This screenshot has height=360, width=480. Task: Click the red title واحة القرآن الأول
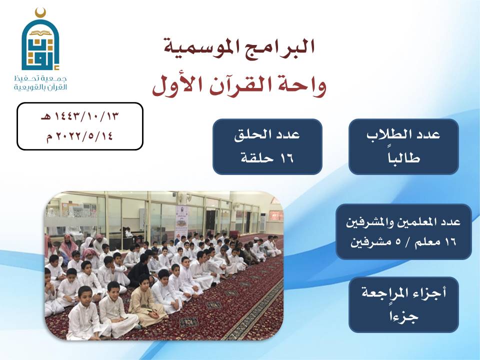pyautogui.click(x=239, y=85)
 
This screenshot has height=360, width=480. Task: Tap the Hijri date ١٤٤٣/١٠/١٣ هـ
pyautogui.click(x=79, y=116)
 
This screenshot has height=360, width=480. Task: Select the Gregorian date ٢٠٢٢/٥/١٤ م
pyautogui.click(x=79, y=135)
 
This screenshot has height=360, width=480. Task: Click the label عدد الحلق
pyautogui.click(x=267, y=134)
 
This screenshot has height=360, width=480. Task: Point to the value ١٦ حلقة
pyautogui.click(x=267, y=158)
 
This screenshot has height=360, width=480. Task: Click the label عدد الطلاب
pyautogui.click(x=403, y=134)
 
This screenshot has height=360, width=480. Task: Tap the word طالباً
pyautogui.click(x=403, y=157)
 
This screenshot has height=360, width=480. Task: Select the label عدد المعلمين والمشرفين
pyautogui.click(x=403, y=221)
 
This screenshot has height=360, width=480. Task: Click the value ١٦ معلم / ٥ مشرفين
pyautogui.click(x=403, y=242)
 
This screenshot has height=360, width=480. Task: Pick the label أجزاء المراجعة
pyautogui.click(x=403, y=293)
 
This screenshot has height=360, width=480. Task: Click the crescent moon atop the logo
pyautogui.click(x=40, y=13)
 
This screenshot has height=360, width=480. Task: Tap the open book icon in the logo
pyautogui.click(x=40, y=33)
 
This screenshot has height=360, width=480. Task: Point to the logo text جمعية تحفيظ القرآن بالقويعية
pyautogui.click(x=40, y=83)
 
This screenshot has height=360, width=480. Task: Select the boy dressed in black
pyautogui.click(x=139, y=269)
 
